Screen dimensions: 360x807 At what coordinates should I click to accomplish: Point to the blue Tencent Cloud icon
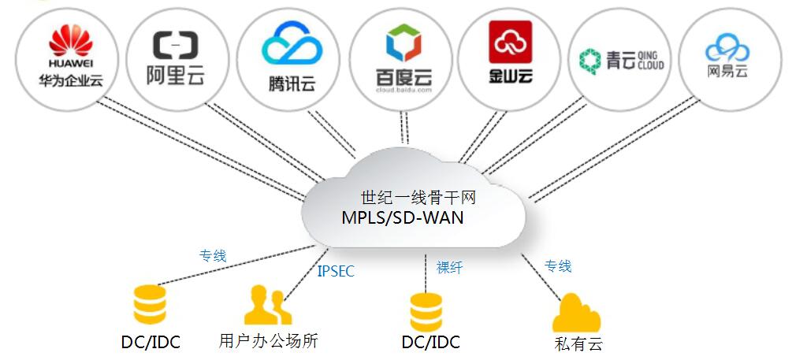tap(292, 44)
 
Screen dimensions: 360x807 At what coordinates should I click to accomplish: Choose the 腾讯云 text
tap(292, 83)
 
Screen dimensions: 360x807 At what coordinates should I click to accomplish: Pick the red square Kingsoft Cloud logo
tap(510, 42)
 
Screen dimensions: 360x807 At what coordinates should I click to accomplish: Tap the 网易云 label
tap(727, 71)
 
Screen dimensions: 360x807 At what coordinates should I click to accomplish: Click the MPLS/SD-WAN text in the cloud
tap(402, 217)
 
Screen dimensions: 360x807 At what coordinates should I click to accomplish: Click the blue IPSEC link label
tap(336, 272)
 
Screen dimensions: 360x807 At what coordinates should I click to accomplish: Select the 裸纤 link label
tap(449, 268)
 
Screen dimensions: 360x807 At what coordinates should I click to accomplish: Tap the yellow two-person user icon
tap(266, 306)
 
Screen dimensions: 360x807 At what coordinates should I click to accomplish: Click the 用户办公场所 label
tap(268, 341)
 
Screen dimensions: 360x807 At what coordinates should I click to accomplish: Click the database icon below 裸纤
tap(426, 311)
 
